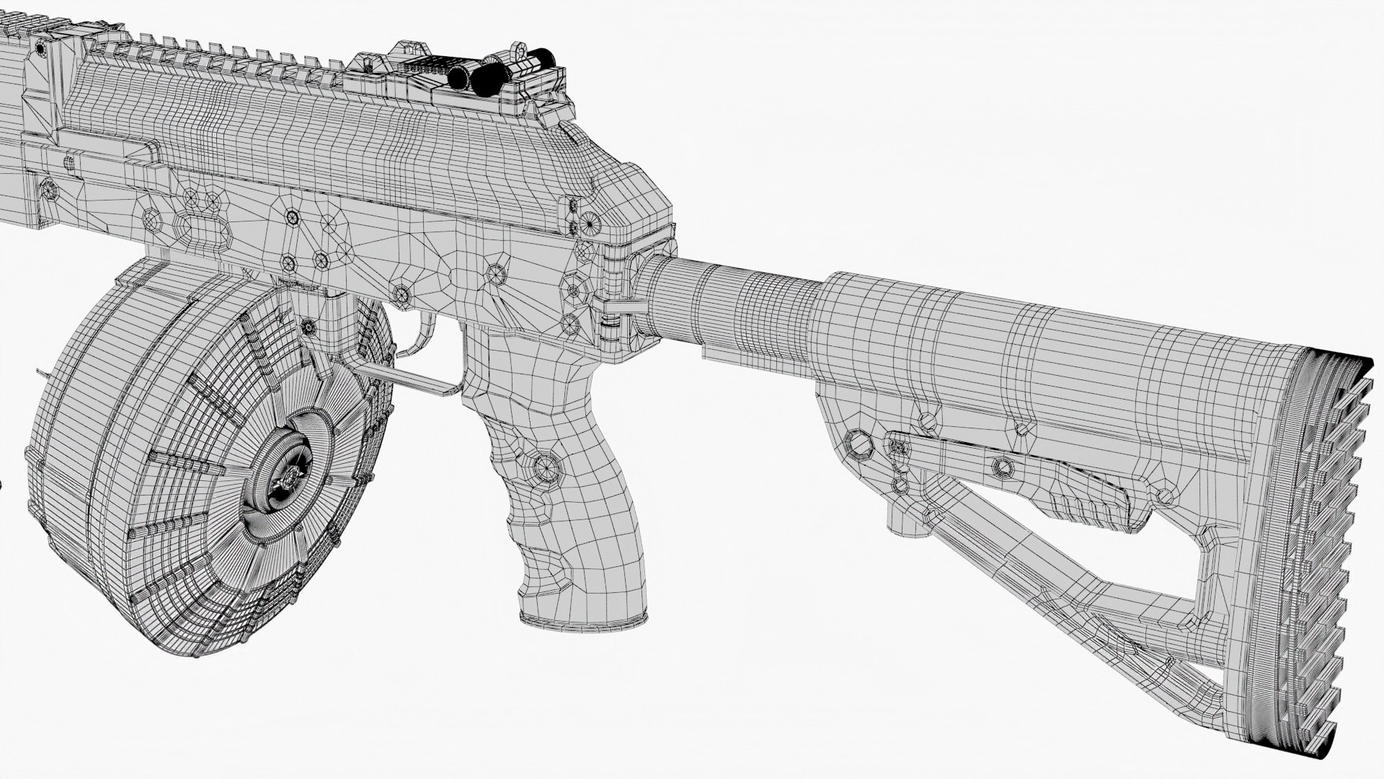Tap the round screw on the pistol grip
pos(548,469)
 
